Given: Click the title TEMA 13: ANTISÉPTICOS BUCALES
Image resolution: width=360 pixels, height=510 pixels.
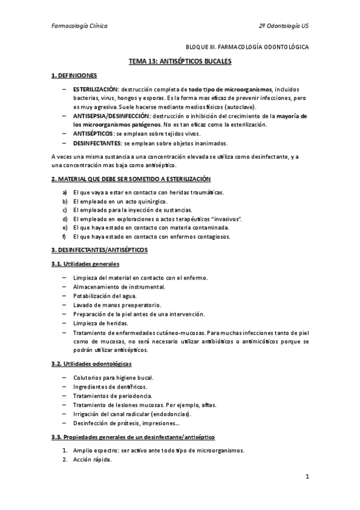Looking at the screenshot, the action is pos(180,61).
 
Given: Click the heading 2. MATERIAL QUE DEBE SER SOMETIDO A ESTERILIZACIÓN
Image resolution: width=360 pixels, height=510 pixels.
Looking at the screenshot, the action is pos(130,179).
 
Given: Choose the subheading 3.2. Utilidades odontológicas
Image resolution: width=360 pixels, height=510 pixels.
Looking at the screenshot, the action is pos(91,364).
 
